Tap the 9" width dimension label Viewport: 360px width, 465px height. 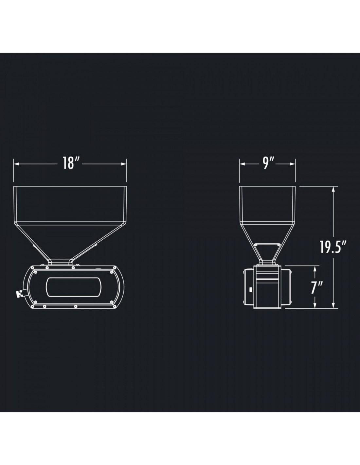pos(268,163)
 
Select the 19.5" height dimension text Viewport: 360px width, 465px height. pos(333,247)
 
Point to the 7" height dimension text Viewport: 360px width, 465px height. pos(317,288)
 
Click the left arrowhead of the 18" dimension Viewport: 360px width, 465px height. pos(17,164)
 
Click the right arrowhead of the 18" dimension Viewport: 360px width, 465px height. pos(124,164)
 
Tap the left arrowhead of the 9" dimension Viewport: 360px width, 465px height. pos(242,164)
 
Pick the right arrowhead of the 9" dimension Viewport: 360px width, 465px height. pos(293,164)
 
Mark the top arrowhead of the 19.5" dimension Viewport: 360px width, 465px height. pos(333,189)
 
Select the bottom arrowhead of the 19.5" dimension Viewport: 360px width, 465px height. pos(333,305)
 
